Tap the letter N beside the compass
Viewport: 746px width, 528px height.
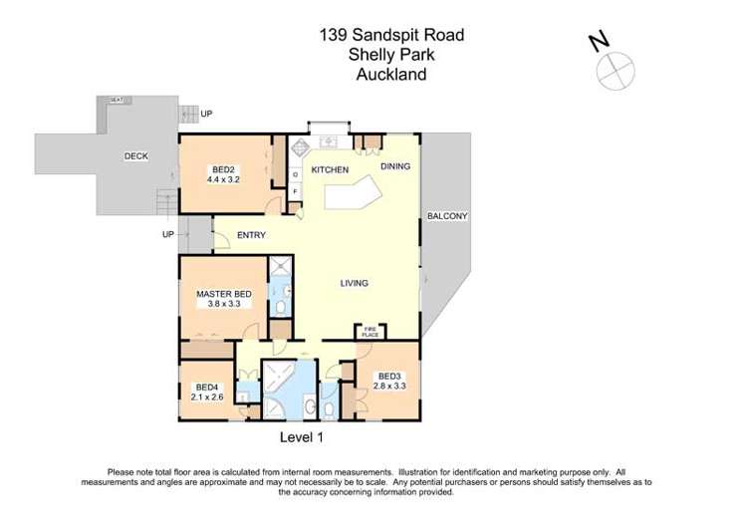[x=599, y=41]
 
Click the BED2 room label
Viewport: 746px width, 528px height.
[x=223, y=168]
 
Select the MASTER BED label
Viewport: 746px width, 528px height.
[x=223, y=294]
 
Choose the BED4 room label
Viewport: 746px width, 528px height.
[x=206, y=387]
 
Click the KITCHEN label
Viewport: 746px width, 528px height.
[x=330, y=170]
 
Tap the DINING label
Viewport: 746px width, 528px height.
[x=394, y=166]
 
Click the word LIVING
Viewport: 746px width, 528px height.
[x=354, y=283]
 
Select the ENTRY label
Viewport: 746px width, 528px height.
[x=251, y=235]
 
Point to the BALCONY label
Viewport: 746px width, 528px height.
[x=447, y=215]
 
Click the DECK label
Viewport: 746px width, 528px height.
[x=135, y=156]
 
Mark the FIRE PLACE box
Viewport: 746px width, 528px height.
[x=369, y=331]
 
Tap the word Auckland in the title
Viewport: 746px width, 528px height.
[x=391, y=74]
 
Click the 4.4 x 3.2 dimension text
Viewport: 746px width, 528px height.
[x=223, y=180]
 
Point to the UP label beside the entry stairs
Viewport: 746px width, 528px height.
[x=168, y=235]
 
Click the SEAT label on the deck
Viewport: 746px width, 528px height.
[x=117, y=100]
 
